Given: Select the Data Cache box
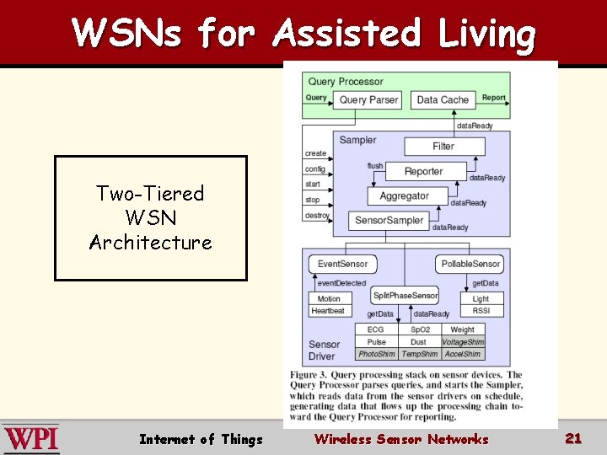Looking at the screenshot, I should [443, 99].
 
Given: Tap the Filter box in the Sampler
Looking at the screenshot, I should [443, 146].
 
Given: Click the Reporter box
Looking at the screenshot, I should [423, 171].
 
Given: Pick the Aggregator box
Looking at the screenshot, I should [404, 195].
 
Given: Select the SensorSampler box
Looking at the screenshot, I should [389, 221].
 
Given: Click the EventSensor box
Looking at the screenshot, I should [342, 264].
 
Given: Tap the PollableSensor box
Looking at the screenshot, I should [470, 264].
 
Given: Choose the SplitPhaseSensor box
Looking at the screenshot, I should [405, 295].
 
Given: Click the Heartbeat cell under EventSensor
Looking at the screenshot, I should [328, 311].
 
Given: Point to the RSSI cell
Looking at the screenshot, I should [481, 311].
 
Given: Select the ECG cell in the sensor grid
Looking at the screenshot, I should [376, 330].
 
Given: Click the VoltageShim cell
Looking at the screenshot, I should [463, 342].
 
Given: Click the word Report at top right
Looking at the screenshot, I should [493, 98].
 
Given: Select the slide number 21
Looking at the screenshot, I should [573, 438].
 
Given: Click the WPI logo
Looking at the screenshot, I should [30, 439].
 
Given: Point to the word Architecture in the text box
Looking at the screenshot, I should [151, 243].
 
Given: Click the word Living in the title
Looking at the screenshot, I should [486, 34].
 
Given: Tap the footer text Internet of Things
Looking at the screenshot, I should [201, 439].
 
